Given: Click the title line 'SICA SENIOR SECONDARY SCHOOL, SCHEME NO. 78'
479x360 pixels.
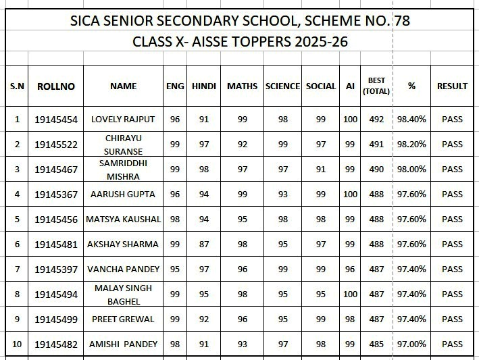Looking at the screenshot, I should click(x=240, y=20).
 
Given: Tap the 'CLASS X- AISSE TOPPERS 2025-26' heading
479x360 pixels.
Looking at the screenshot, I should click(x=240, y=42).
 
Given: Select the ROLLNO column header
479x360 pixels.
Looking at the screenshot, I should click(x=55, y=86).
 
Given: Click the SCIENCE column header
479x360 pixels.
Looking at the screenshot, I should click(x=282, y=86).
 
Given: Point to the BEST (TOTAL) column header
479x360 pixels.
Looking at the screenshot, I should click(x=376, y=86).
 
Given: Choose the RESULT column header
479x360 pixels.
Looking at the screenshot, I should click(x=452, y=86).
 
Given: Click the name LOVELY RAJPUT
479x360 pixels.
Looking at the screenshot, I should click(x=122, y=120).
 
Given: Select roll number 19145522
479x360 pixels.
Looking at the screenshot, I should click(x=55, y=145).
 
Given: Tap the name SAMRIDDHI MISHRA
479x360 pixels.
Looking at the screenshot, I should click(x=122, y=170).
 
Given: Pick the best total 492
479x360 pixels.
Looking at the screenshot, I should click(x=376, y=120).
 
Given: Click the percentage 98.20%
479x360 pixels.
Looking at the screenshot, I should click(x=412, y=145).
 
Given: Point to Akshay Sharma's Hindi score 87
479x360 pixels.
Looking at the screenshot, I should click(x=199, y=245).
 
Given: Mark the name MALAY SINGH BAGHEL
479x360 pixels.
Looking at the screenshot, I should click(x=122, y=294).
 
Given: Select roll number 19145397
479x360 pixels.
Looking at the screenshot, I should click(x=55, y=269).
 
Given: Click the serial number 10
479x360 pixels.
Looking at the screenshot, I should click(x=17, y=344).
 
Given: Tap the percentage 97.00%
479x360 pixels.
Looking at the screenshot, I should click(x=412, y=344).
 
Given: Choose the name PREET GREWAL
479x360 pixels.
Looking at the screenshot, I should click(x=122, y=319).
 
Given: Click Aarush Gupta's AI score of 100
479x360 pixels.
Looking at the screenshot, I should click(x=350, y=195).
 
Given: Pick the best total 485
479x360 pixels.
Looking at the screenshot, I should click(x=376, y=344).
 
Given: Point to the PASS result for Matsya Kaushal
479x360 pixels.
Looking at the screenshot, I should click(x=452, y=220).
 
